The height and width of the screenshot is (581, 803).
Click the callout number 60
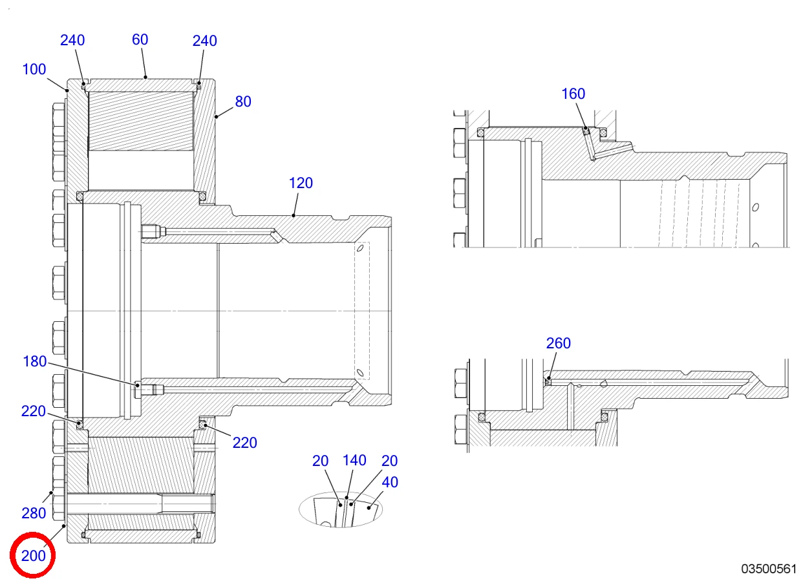pyautogui.click(x=140, y=39)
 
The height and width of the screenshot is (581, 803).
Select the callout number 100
pyautogui.click(x=34, y=69)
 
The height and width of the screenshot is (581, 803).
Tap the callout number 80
pyautogui.click(x=243, y=101)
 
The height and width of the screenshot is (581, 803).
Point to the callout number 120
pyautogui.click(x=301, y=183)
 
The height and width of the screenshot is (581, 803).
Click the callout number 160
pyautogui.click(x=573, y=94)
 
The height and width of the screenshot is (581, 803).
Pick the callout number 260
pyautogui.click(x=559, y=343)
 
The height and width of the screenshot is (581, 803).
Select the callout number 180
pyautogui.click(x=35, y=361)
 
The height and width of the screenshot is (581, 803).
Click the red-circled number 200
pyautogui.click(x=34, y=556)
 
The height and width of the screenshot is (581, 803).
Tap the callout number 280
pyautogui.click(x=34, y=513)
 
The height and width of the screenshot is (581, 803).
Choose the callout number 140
pyautogui.click(x=354, y=460)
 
